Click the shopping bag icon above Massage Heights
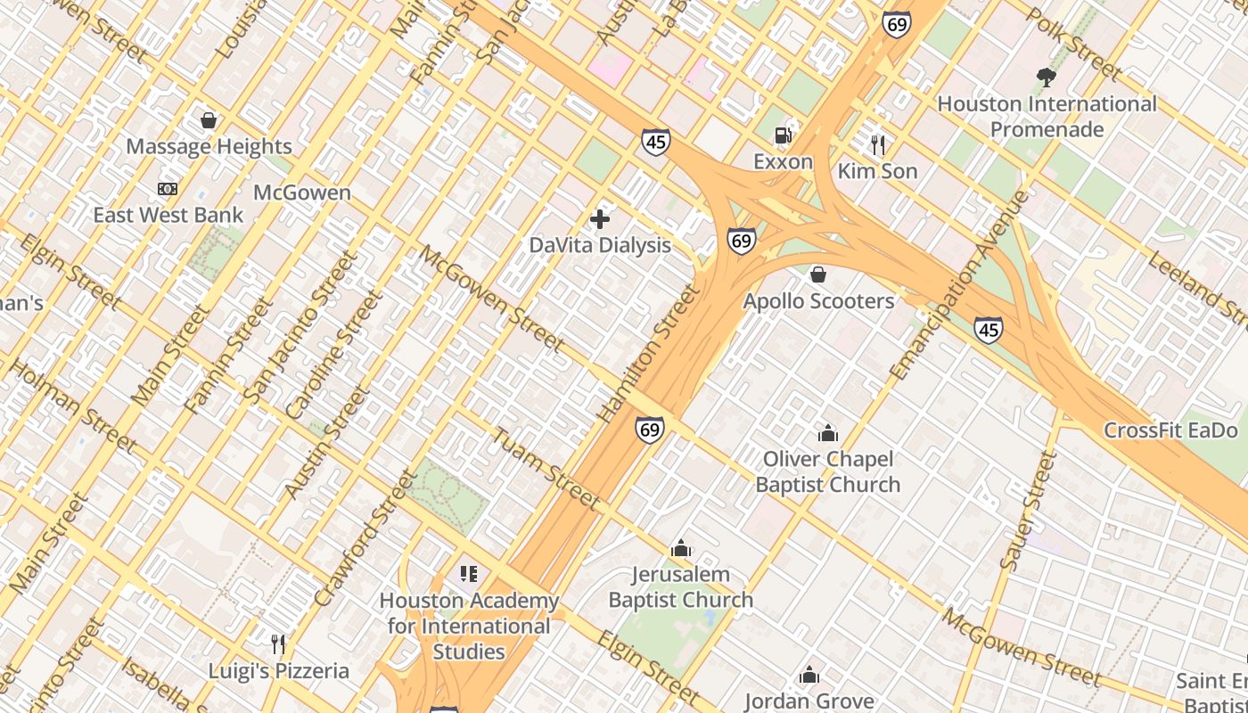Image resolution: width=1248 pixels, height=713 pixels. click(x=209, y=120)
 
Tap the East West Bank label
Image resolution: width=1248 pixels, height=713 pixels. click(x=168, y=215)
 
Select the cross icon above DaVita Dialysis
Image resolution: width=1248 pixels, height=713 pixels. click(x=600, y=218)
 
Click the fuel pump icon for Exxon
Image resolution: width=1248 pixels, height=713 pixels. click(x=783, y=135)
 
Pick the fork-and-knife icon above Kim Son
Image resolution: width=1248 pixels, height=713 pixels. click(x=878, y=144)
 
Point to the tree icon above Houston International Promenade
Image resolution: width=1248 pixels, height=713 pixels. click(x=1047, y=78)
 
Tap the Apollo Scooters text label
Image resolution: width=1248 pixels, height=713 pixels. click(x=818, y=301)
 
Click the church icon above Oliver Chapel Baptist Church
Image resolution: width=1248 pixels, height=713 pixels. click(x=828, y=434)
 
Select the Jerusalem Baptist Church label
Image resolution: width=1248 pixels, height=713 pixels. click(x=681, y=587)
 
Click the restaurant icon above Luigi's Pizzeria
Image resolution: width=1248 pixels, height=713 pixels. click(x=278, y=643)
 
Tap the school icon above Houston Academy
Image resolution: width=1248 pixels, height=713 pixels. click(x=469, y=574)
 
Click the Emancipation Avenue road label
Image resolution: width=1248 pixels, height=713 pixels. click(x=959, y=284)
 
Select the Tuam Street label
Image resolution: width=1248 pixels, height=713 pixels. click(x=546, y=469)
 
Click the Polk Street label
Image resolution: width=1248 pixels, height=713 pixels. click(x=1073, y=42)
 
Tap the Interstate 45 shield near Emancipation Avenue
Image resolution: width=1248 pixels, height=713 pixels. click(x=988, y=330)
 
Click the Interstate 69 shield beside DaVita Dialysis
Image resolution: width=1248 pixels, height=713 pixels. click(x=741, y=241)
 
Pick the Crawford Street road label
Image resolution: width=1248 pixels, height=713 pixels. click(x=365, y=538)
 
